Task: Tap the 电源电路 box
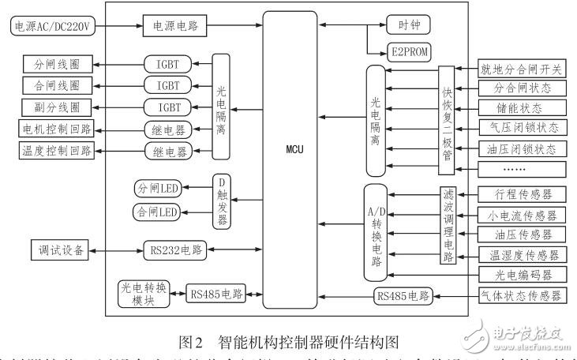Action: [x=175, y=25]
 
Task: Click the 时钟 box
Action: [x=408, y=25]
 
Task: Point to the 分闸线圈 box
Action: [x=58, y=63]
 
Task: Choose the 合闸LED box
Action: [x=157, y=212]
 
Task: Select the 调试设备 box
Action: [x=58, y=252]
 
